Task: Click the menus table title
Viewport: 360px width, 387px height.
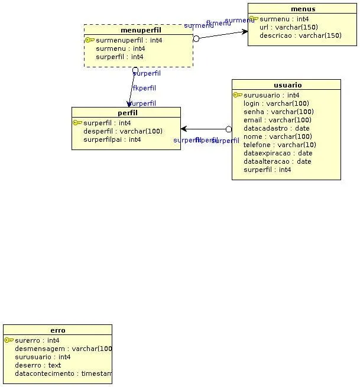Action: (x=303, y=9)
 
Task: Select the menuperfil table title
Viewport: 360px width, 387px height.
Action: (x=140, y=30)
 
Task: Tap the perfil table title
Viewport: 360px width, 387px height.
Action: (x=127, y=113)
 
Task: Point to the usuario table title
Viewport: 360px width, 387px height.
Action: (x=288, y=85)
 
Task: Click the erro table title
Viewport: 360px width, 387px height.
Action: (x=58, y=330)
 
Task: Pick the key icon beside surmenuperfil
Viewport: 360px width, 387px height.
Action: (x=90, y=40)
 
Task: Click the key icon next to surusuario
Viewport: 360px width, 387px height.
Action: (x=238, y=95)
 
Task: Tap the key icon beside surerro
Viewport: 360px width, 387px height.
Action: (x=9, y=340)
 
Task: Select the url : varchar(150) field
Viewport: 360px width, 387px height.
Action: (x=288, y=27)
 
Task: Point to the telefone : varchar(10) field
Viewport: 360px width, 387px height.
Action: (x=280, y=145)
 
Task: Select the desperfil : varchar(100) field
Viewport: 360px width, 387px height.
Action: (x=123, y=131)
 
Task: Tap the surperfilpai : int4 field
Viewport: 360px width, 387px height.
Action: (x=112, y=139)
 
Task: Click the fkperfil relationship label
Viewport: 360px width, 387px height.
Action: (x=144, y=88)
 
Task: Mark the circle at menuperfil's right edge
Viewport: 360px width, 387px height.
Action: (x=196, y=38)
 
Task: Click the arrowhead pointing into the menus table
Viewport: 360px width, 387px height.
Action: (x=245, y=31)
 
